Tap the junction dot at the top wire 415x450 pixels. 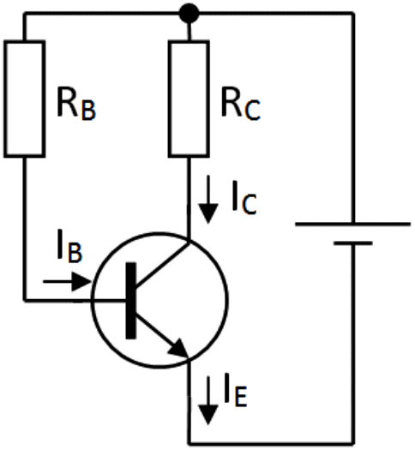(189, 13)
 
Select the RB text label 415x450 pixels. (76, 104)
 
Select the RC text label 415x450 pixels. (240, 104)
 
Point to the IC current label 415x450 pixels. (244, 197)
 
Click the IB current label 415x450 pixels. (69, 246)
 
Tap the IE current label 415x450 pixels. (236, 390)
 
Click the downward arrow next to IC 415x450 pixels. (208, 199)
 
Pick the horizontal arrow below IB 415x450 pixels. (67, 281)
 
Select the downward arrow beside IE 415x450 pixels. (208, 400)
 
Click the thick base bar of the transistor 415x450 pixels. (131, 301)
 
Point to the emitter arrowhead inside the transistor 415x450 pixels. (178, 348)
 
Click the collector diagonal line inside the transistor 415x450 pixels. (162, 265)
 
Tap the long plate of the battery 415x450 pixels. (353, 224)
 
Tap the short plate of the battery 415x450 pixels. (353, 243)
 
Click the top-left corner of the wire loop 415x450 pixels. (25, 14)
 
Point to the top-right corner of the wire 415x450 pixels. (353, 14)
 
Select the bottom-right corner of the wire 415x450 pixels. (353, 444)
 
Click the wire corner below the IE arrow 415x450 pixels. (189, 444)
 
